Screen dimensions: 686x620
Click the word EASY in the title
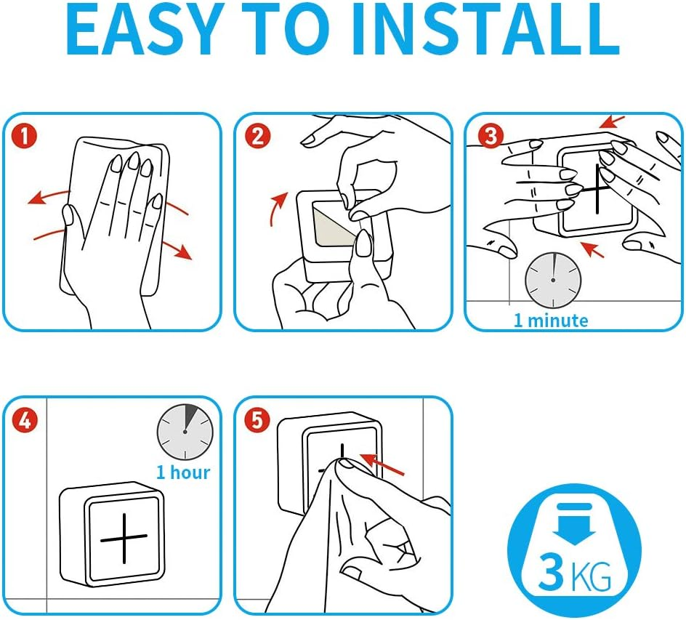point(143,31)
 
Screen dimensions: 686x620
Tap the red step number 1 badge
point(24,136)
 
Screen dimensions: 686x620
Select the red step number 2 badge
point(258,136)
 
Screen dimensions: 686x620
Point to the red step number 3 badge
point(491,136)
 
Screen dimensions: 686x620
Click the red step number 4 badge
point(25,420)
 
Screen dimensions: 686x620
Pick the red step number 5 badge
point(257,420)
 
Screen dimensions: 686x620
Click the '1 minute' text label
point(551,321)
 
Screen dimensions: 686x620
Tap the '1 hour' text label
point(183,472)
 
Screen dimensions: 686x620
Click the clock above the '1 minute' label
point(553,280)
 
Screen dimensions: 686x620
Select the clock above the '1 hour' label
point(185,432)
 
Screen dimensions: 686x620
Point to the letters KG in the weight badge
point(591,576)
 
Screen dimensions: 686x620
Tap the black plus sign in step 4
point(124,538)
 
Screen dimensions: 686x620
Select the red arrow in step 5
point(382,464)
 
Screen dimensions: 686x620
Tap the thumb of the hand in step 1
point(70,223)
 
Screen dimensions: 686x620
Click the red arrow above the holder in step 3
point(612,121)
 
